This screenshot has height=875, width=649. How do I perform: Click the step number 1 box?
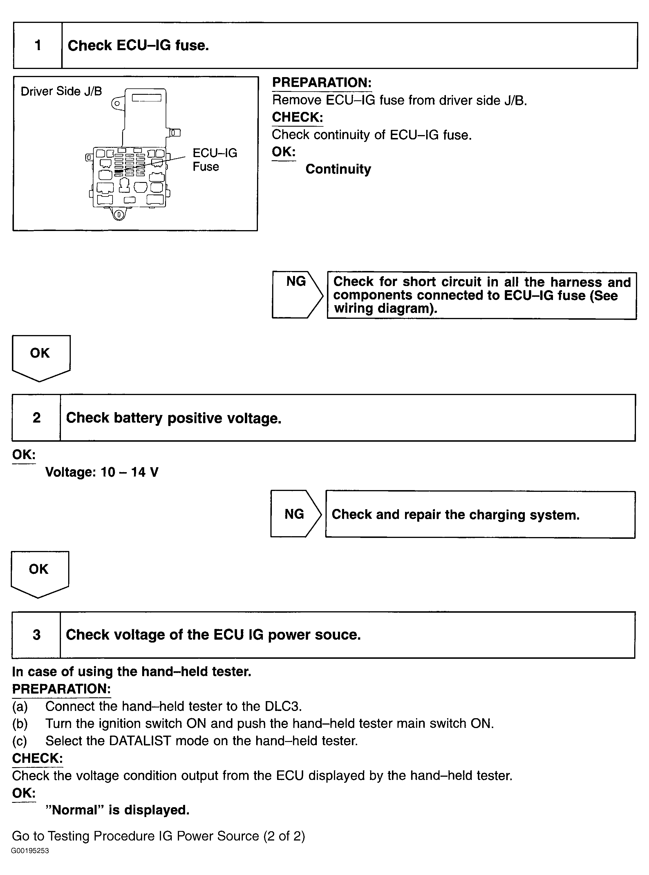[x=38, y=46]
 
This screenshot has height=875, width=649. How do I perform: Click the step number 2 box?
[x=37, y=417]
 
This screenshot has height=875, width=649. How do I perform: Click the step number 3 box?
[x=37, y=635]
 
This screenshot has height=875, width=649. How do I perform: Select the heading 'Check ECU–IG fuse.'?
[x=138, y=46]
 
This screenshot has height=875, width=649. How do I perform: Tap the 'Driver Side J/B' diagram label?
[x=61, y=91]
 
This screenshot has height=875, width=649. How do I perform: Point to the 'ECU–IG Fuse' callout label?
[x=214, y=160]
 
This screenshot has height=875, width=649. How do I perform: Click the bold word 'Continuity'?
[x=338, y=169]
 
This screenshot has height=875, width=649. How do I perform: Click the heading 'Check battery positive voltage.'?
[x=174, y=418]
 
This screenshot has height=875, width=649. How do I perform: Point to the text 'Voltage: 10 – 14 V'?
[x=102, y=472]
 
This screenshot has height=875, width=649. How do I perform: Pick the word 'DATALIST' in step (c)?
[x=140, y=741]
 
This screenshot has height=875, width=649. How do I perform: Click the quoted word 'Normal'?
[x=79, y=810]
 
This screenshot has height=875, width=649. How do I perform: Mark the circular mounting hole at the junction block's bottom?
[x=119, y=215]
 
